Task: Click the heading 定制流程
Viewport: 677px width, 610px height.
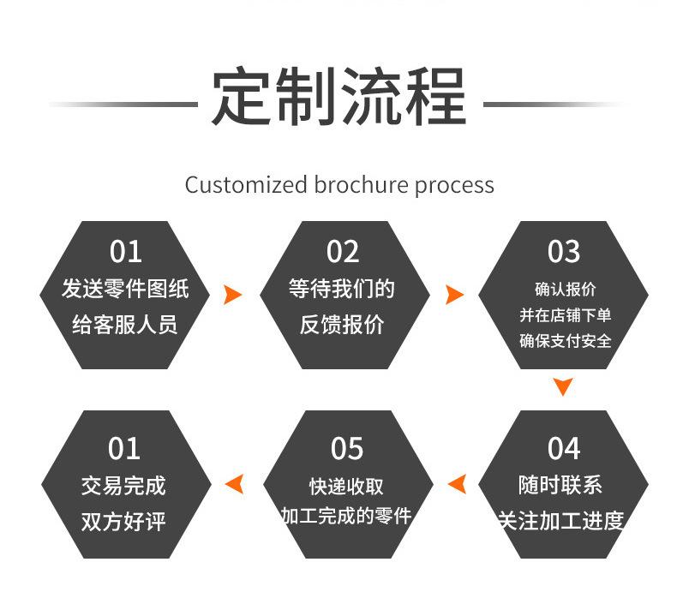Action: tap(338, 96)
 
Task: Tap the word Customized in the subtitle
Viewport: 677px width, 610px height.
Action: tap(246, 185)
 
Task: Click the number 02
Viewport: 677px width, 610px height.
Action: tap(343, 252)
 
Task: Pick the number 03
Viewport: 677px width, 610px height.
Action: tap(563, 252)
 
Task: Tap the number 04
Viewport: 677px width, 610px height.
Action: tap(563, 449)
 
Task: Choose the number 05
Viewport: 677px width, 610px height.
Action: tap(347, 449)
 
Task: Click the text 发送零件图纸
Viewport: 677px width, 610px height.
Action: tap(125, 289)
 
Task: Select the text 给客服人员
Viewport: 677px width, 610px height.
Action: tap(125, 325)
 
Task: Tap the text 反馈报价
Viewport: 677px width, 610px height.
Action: tap(342, 325)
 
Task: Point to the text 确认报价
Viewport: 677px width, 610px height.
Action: tap(566, 289)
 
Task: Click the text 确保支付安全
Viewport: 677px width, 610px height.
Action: tap(566, 341)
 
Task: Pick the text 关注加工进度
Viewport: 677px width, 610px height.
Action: tap(560, 521)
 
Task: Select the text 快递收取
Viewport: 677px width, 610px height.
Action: tap(346, 487)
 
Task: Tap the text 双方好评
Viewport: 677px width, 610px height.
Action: tap(123, 522)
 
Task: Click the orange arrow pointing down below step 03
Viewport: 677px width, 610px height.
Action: tap(563, 386)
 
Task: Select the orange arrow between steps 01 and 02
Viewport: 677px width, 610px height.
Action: tap(232, 295)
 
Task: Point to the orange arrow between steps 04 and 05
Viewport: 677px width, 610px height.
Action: tap(458, 483)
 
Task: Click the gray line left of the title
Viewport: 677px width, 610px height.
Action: tap(123, 105)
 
